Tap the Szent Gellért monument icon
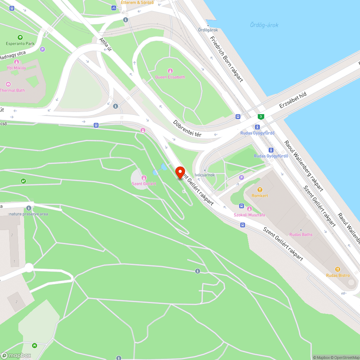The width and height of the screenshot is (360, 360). coord(144,177)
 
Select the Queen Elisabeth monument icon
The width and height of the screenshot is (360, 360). coord(170,71)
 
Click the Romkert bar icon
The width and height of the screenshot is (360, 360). coord(259,190)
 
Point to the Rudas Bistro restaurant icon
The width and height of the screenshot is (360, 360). coord(338,269)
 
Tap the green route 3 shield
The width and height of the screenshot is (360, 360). coord(261,116)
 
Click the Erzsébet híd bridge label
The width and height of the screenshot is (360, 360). coord(293,100)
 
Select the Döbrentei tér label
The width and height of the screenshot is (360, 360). coord(187,129)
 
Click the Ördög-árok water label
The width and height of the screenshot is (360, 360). coord(264,25)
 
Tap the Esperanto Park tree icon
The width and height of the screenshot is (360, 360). coord(20,37)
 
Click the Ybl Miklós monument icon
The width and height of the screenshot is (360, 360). coord(17,62)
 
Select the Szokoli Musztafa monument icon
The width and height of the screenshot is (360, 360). coord(249,208)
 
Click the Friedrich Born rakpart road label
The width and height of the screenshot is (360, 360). coord(226,59)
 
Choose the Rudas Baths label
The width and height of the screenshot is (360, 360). coord(301,234)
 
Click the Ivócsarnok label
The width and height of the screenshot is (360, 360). coord(204,175)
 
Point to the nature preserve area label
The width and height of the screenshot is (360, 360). coord(28,214)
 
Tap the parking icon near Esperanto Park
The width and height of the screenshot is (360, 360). coord(42,49)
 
